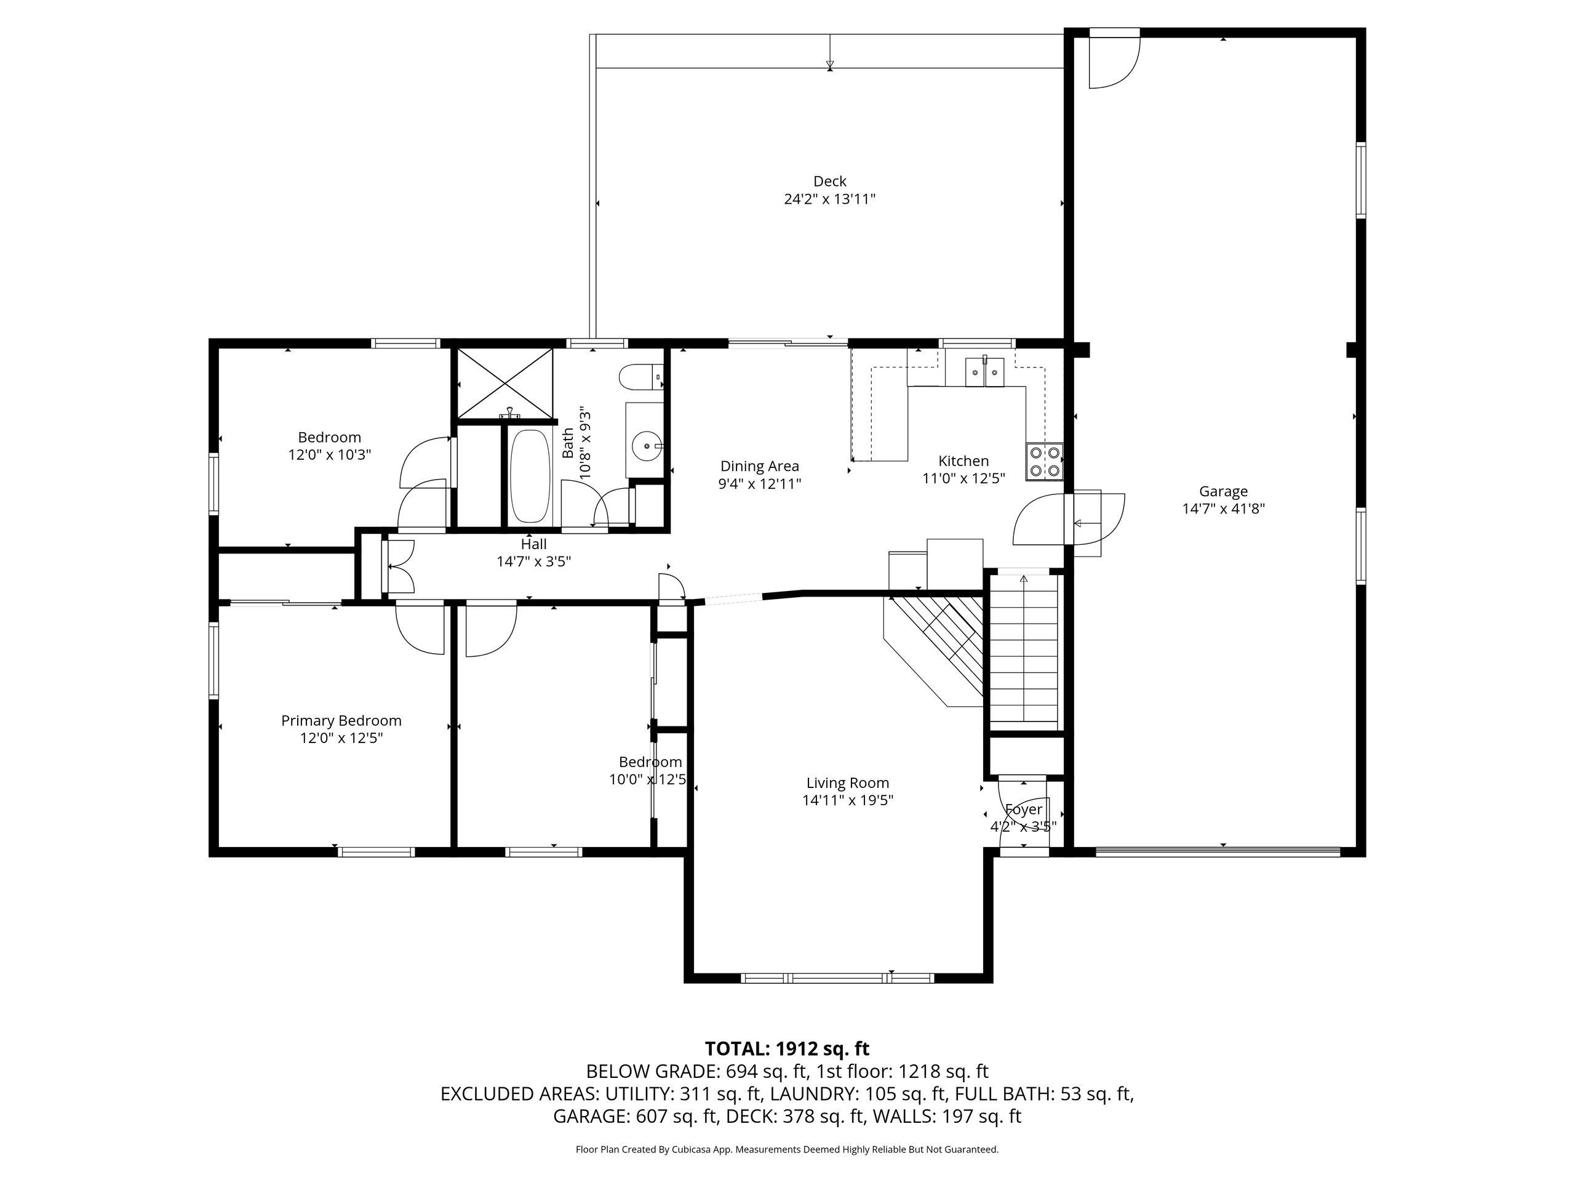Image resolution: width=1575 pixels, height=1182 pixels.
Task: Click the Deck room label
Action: click(829, 182)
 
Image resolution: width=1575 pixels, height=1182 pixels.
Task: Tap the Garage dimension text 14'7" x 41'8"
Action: click(1223, 509)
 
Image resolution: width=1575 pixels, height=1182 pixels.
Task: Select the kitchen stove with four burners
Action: click(1045, 461)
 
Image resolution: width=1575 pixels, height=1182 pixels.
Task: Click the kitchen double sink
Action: click(985, 371)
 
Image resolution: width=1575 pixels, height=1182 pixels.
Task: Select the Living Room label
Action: click(847, 783)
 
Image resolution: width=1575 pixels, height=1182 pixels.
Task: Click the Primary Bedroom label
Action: click(341, 721)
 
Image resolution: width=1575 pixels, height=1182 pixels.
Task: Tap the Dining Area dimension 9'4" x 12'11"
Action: click(760, 484)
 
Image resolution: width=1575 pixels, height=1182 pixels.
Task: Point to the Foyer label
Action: click(1024, 810)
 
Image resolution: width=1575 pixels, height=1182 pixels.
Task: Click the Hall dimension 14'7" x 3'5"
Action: click(534, 561)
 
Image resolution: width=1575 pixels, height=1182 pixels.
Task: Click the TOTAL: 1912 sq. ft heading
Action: click(787, 1049)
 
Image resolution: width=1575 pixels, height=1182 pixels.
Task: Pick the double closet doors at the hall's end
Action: click(399, 566)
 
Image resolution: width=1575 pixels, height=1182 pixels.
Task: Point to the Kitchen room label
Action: click(963, 461)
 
